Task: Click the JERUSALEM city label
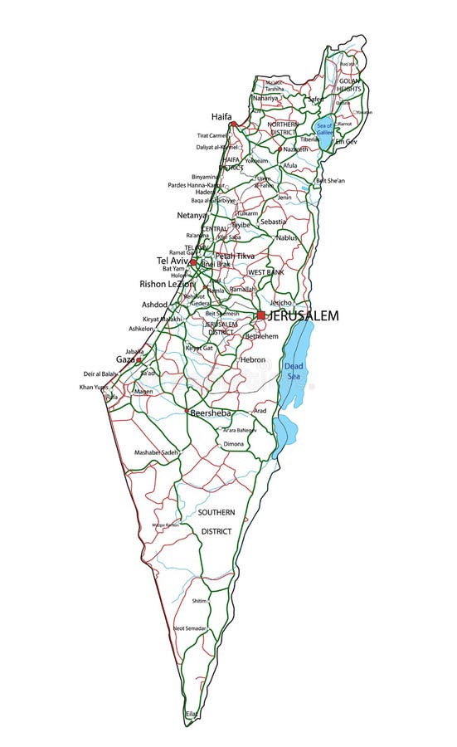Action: pos(304,316)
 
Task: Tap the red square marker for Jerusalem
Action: pos(261,315)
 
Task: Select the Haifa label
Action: pos(221,116)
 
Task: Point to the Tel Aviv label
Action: pos(173,261)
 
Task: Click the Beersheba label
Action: pos(210,413)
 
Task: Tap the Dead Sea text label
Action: pos(294,371)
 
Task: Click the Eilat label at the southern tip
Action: pos(192,714)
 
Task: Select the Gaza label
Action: pos(125,360)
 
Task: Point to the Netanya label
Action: pos(191,216)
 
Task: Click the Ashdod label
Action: pos(154,305)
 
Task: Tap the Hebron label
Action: pos(252,359)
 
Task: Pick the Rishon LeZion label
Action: pos(167,284)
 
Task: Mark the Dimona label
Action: pos(233,444)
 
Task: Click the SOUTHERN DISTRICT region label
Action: pos(216,521)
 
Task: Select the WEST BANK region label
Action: pos(266,272)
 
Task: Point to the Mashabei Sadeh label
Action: pos(157,452)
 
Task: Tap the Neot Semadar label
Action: pos(190,628)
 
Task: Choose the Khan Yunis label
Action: pos(94,388)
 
